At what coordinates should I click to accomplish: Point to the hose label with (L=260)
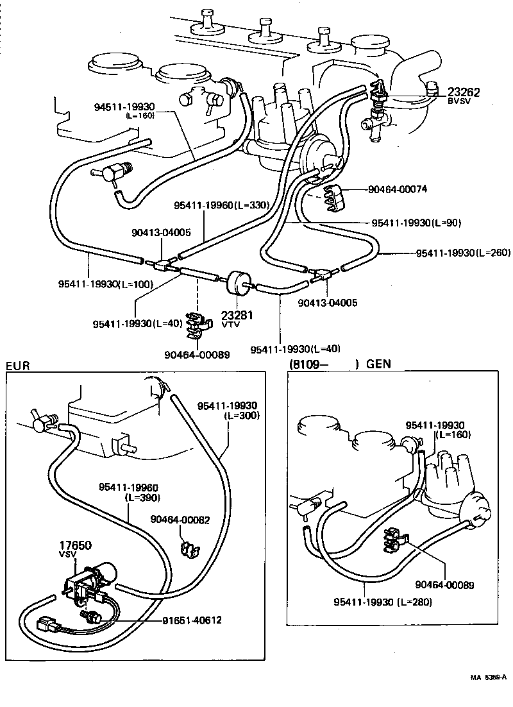[x=461, y=253]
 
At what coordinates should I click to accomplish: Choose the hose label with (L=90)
[x=416, y=223]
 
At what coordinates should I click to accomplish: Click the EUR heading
[x=17, y=366]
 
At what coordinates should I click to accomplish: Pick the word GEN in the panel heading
[x=378, y=364]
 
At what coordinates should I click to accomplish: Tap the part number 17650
[x=76, y=545]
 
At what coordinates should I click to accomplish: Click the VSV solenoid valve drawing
[x=87, y=581]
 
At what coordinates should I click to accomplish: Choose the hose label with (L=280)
[x=382, y=602]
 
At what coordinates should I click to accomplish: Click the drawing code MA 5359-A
[x=487, y=677]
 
